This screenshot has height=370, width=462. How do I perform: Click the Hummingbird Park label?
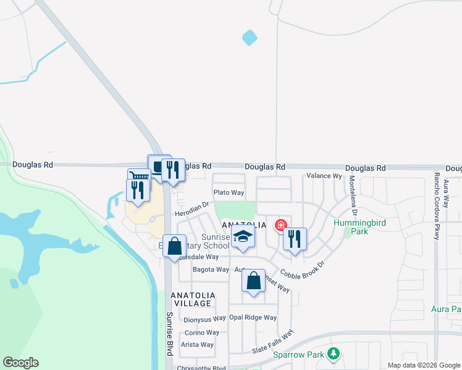[x=351, y=227]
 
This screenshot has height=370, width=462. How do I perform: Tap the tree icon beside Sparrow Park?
[x=334, y=354]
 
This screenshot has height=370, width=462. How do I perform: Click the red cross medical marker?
[x=281, y=226]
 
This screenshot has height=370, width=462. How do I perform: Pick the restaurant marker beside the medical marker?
[x=295, y=238]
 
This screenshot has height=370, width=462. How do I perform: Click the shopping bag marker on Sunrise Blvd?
[x=175, y=245]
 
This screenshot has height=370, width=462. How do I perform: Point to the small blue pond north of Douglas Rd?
[x=250, y=38]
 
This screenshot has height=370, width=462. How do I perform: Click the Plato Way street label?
[x=229, y=193]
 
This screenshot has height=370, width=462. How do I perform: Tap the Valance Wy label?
[x=324, y=176]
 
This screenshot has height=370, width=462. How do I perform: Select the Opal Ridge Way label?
[x=253, y=318]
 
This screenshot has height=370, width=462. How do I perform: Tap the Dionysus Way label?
[x=204, y=319]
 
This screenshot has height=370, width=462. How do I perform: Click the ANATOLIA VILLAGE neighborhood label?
[x=193, y=300]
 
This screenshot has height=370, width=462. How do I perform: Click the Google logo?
[x=20, y=363]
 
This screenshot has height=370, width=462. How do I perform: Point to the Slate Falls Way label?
[x=272, y=342]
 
